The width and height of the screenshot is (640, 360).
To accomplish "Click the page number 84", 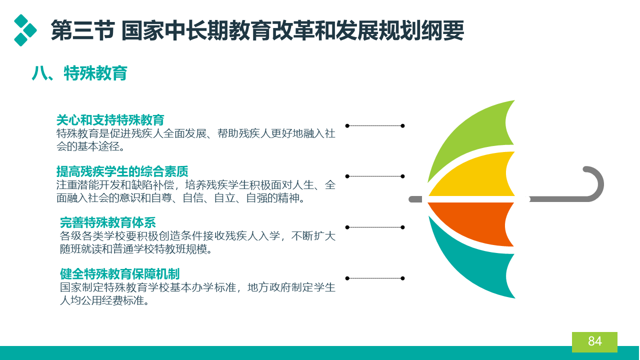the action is point(595,341).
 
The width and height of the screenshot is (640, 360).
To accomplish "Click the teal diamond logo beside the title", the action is point(25,30).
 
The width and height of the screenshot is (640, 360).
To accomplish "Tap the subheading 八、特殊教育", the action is point(79,73).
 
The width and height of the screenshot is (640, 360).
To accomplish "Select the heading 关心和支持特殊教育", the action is point(110,120).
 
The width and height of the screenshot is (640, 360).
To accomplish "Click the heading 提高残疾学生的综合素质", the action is point(122,171).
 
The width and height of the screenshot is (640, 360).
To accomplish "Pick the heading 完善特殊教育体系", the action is point(107,222).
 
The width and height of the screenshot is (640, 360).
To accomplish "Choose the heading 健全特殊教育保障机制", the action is point(119,273).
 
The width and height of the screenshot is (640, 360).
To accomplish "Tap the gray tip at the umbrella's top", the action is point(415,199).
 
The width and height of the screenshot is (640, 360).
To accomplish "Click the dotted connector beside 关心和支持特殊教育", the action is point(375,125).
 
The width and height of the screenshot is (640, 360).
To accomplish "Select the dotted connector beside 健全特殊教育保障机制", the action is point(375,278).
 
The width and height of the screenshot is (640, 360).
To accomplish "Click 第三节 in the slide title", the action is point(83,30).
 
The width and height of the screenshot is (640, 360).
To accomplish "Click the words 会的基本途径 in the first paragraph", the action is point(88,146).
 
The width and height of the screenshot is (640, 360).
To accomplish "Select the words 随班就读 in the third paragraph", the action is point(81,249).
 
